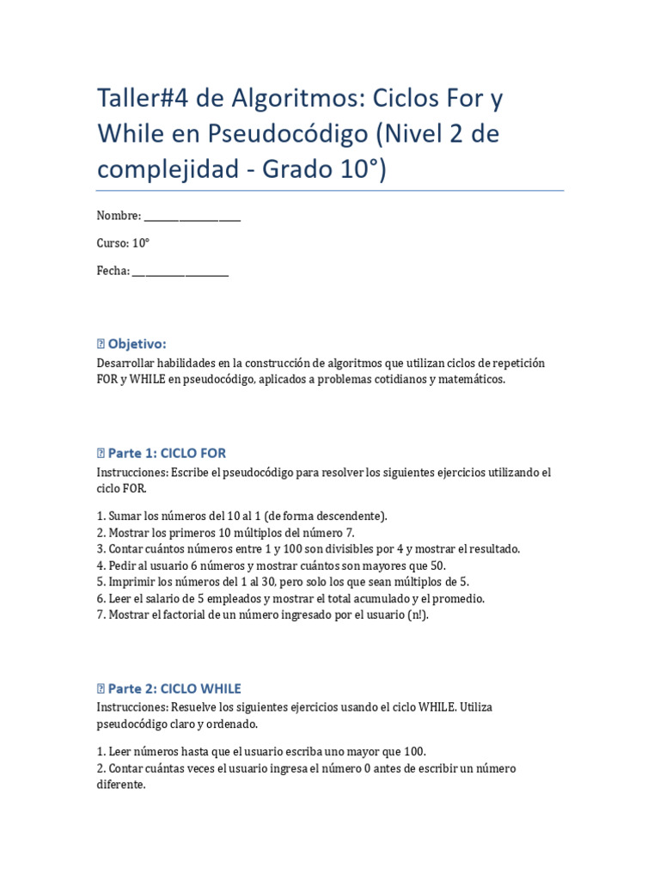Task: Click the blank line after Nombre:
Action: [192, 217]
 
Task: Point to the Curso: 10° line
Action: [123, 243]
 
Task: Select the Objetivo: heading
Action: [137, 344]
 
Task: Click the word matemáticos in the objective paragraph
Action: [472, 379]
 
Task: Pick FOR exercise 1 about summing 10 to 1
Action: [241, 516]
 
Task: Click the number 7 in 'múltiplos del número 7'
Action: [349, 533]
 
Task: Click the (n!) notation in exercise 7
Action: [417, 615]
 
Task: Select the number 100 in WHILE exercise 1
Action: [414, 752]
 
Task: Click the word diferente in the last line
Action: [120, 785]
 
